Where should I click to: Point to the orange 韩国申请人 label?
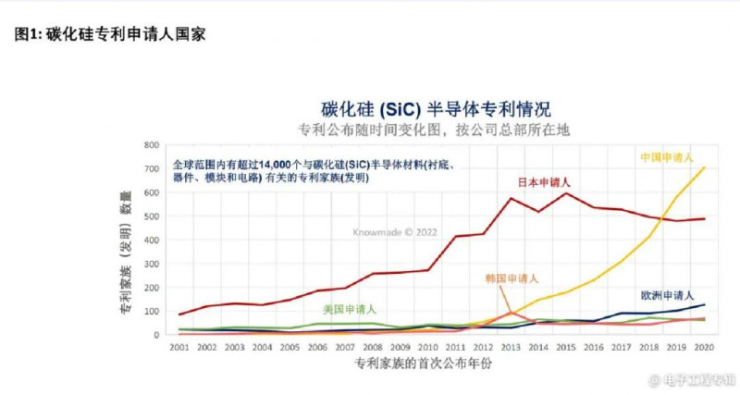512,278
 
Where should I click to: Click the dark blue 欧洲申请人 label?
668,295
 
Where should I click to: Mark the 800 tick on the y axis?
153,145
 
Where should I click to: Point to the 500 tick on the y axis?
153,216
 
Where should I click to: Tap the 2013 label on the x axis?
510,346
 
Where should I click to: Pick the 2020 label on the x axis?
703,346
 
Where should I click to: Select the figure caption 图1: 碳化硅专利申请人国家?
111,34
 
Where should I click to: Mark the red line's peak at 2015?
565,193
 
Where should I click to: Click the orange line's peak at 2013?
511,313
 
